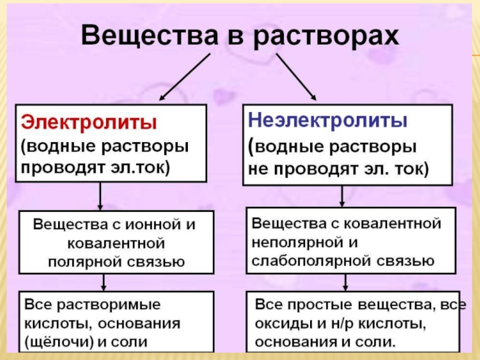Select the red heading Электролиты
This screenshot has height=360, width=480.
89,122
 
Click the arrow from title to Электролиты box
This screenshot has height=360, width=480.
185,76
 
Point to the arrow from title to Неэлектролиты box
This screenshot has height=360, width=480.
296,76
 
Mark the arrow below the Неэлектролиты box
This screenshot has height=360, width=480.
342,196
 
